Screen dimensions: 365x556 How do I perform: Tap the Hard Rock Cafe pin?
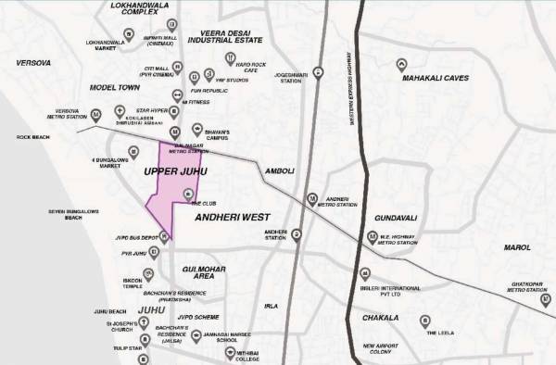[x=229, y=58]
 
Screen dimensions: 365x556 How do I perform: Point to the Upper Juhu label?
[x=175, y=172]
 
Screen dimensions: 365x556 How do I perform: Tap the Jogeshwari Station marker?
[x=318, y=71]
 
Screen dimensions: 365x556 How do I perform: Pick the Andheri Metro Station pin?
[x=313, y=199]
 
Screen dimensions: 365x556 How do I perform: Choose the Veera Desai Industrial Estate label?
[x=226, y=36]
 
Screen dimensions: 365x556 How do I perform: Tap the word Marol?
[x=516, y=248]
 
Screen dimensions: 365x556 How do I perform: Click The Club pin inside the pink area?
[x=189, y=194]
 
